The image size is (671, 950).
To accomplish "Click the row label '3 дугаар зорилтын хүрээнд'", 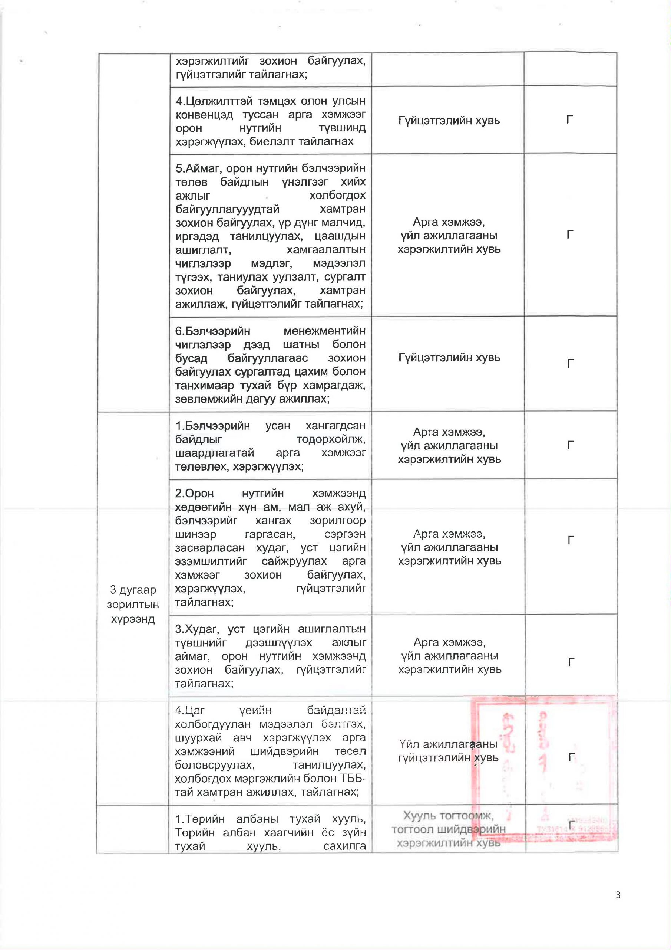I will pos(133,604).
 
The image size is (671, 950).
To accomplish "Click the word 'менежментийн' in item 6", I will pos(324,331).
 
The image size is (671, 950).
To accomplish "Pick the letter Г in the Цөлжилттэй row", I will pos(570,120).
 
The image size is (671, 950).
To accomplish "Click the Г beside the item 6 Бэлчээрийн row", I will pos(570,364).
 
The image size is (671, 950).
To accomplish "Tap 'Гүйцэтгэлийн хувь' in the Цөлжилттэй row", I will pos(449,121).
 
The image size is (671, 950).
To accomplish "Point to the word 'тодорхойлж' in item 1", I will pos(331,439).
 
